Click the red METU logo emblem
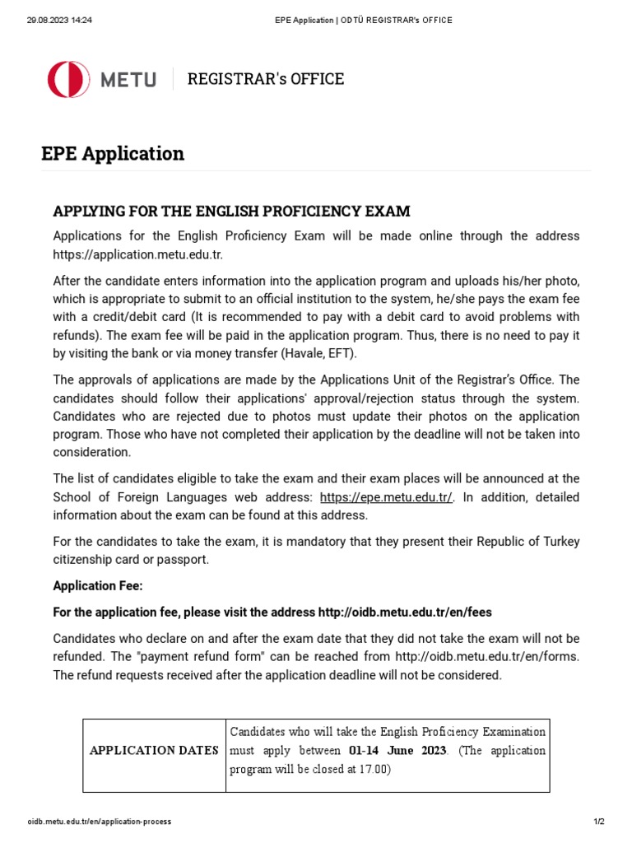coord(68,79)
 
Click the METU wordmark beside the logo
coord(128,80)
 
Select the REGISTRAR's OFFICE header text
coord(266,79)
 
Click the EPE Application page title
coord(113,154)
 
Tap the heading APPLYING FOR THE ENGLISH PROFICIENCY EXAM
coord(231,212)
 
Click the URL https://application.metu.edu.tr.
coord(137,254)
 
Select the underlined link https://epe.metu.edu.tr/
coord(386,497)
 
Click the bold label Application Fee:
coord(98,586)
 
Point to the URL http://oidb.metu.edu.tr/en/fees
coord(405,612)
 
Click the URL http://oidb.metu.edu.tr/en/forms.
coord(488,656)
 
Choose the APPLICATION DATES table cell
coord(154,750)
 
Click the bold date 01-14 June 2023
coord(397,750)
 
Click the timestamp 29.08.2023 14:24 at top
coord(59,20)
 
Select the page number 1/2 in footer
coord(598,822)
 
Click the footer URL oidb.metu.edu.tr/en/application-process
coord(100,822)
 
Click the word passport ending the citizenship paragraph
coord(187,560)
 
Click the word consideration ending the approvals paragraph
coord(91,452)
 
